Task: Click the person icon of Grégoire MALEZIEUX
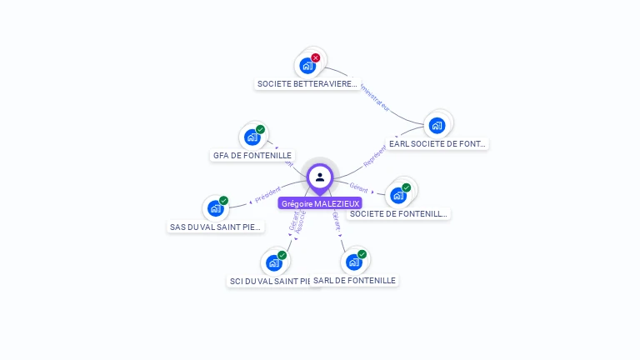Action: [x=320, y=177]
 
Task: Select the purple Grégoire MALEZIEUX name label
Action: [x=320, y=203]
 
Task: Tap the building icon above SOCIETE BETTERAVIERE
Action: [x=307, y=65]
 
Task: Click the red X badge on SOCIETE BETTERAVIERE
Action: [x=316, y=57]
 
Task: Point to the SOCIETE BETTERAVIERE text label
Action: [x=307, y=84]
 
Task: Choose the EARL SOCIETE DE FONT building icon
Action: [x=437, y=125]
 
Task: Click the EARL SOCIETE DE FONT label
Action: [x=437, y=143]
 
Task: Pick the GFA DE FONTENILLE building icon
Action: [x=251, y=137]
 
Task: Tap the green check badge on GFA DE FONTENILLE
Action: [x=260, y=130]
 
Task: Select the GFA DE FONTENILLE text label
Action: [x=252, y=155]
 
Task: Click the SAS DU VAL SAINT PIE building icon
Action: [x=215, y=208]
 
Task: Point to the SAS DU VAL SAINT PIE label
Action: [x=216, y=227]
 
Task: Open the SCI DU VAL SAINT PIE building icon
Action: [x=273, y=263]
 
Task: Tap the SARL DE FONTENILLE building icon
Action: [x=353, y=262]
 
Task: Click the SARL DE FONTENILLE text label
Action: [x=355, y=281]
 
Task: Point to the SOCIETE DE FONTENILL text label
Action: [x=399, y=214]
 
